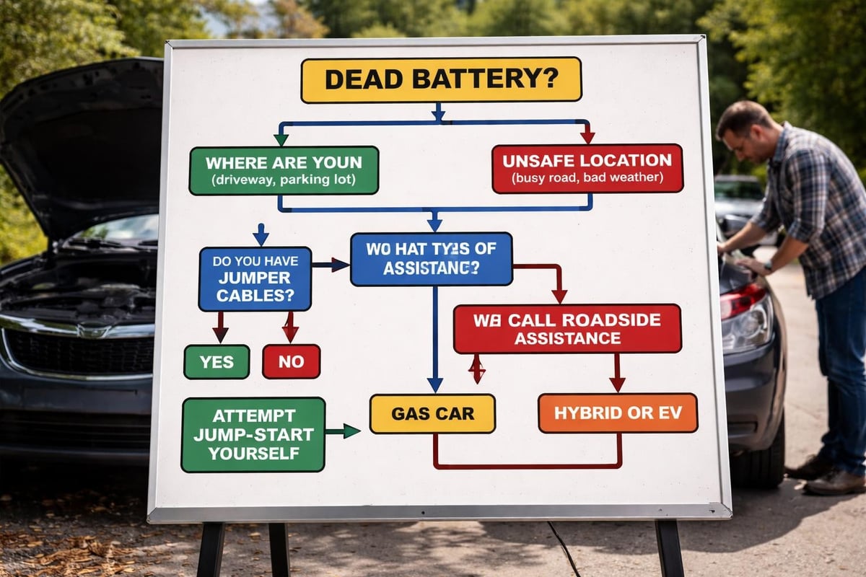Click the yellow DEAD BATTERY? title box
pyautogui.click(x=441, y=79)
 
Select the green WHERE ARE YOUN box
pyautogui.click(x=284, y=170)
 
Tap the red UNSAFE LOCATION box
pyautogui.click(x=587, y=168)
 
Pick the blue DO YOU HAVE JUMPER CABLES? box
pyautogui.click(x=255, y=278)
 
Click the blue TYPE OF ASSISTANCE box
pyautogui.click(x=431, y=259)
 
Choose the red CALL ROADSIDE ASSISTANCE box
pyautogui.click(x=567, y=328)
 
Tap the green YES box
pyautogui.click(x=216, y=361)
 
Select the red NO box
pyautogui.click(x=291, y=361)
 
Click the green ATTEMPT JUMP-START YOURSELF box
pyautogui.click(x=253, y=434)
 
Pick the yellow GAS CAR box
pyautogui.click(x=432, y=413)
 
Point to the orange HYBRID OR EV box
pyautogui.click(x=617, y=413)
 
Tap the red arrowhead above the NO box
pyautogui.click(x=290, y=335)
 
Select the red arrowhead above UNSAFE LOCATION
pyautogui.click(x=587, y=136)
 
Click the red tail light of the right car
pyautogui.click(x=743, y=300)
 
